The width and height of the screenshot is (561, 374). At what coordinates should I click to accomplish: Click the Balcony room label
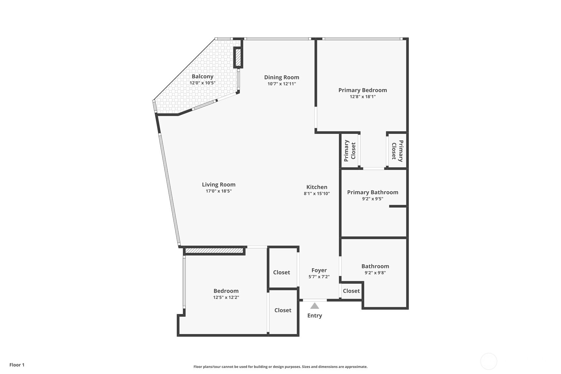point(202,76)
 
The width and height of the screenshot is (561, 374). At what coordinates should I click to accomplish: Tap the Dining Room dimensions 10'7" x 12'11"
point(282,84)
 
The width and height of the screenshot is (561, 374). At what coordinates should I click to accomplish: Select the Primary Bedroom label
point(362,90)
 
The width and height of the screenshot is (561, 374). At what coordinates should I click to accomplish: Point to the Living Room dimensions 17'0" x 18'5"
point(219,191)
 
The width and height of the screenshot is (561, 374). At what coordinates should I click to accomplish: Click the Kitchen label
point(317,187)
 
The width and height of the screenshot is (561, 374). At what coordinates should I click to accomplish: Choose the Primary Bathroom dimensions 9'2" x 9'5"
point(373,199)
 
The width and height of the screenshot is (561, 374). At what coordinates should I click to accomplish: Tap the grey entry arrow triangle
point(314,306)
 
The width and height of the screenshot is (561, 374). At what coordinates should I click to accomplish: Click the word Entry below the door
point(314,315)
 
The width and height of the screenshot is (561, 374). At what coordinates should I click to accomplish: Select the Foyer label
point(319,270)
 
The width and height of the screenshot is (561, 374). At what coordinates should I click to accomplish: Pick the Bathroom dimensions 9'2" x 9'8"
point(375,273)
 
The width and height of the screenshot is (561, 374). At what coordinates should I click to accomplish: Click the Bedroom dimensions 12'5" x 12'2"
point(226,297)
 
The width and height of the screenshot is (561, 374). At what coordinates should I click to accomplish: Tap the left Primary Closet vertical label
point(350,151)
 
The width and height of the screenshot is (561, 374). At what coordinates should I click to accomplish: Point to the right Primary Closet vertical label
point(397,151)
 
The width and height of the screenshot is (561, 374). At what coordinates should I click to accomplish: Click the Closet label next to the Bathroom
point(351,291)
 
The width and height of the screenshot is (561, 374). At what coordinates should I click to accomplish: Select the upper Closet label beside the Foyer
point(281,272)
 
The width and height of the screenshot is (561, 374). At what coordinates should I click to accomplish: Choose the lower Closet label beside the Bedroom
point(283,310)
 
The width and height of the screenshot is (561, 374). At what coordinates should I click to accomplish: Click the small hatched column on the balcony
point(238,58)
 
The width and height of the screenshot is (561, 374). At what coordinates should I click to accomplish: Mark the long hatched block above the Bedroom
point(214,251)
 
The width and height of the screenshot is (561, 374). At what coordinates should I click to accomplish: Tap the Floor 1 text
point(17,365)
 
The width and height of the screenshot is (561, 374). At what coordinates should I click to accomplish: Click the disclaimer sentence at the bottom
point(280,366)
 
